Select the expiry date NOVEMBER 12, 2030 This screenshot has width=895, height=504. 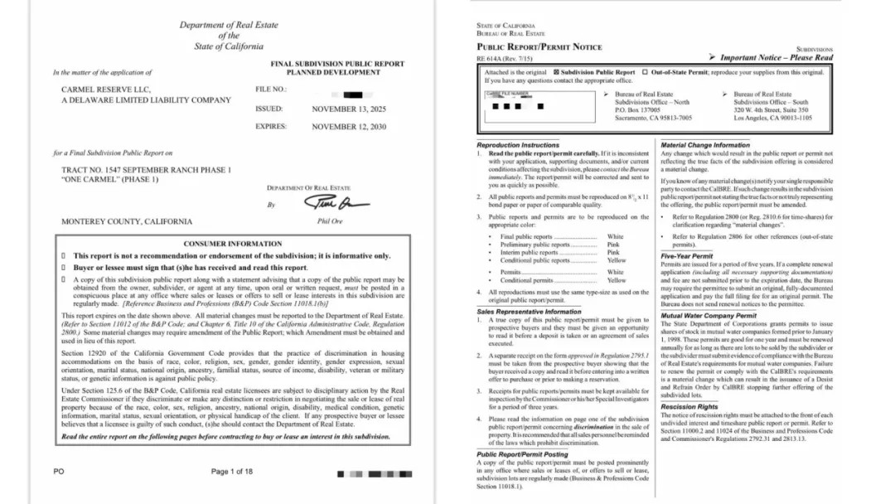point(349,127)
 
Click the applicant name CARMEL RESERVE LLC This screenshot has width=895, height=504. point(106,89)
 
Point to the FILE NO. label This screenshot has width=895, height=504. point(271,89)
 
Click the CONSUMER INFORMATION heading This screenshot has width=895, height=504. point(232,244)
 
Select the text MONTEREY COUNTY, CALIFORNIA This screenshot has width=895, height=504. point(127,221)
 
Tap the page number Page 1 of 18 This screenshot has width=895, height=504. point(232,472)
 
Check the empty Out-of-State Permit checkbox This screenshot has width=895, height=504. point(646,72)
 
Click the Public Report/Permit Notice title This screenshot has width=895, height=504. point(539,47)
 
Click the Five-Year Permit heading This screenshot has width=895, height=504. point(687,256)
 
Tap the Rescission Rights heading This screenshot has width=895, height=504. point(689,407)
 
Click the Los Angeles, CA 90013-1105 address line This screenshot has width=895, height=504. point(772,118)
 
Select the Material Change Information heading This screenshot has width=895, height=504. point(705,145)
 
